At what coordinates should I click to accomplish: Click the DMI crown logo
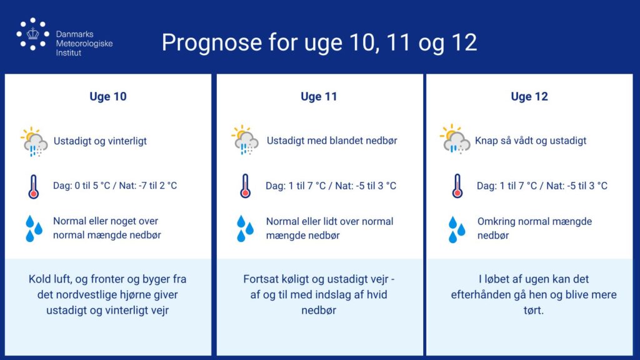pos(32,34)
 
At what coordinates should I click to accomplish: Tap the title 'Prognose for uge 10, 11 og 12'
pos(319,42)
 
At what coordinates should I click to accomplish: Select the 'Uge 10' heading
pos(108,97)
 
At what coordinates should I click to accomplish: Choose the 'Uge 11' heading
pos(319,97)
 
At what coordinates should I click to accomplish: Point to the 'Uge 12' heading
pos(529,97)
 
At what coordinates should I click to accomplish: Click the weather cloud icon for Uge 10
pos(34,142)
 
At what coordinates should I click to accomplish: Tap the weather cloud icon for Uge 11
pos(245,140)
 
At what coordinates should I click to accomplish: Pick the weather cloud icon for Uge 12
pos(455,139)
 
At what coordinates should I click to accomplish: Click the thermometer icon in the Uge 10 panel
pos(34,187)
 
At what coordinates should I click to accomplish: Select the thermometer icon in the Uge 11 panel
pos(245,186)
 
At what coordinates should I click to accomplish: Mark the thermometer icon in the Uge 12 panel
pos(457,186)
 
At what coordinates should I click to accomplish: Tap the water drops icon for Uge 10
pos(34,229)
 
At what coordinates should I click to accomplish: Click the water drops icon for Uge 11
pos(245,229)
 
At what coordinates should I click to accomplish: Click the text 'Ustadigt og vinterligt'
pos(100,141)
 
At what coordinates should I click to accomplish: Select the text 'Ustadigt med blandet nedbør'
pos(332,141)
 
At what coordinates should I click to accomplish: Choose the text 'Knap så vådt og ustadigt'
pos(531,141)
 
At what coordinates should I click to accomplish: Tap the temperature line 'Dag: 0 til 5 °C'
pos(82,186)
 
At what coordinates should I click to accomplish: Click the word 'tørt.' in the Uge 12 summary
pos(534,310)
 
